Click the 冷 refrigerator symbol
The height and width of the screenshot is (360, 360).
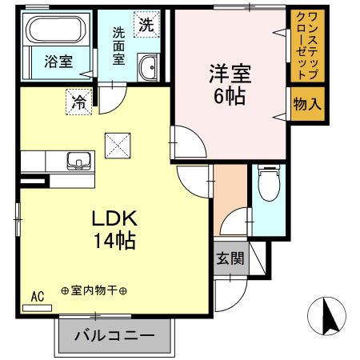pyautogui.click(x=79, y=102)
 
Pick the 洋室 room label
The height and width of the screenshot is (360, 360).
pyautogui.click(x=230, y=75)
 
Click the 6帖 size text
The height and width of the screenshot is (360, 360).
pyautogui.click(x=230, y=97)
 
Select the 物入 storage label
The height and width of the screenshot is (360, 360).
pyautogui.click(x=307, y=104)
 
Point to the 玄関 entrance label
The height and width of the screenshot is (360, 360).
pyautogui.click(x=230, y=258)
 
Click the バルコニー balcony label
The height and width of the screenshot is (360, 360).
pyautogui.click(x=115, y=334)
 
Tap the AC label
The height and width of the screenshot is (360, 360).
pyautogui.click(x=37, y=296)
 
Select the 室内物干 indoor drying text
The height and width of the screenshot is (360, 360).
pyautogui.click(x=94, y=291)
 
